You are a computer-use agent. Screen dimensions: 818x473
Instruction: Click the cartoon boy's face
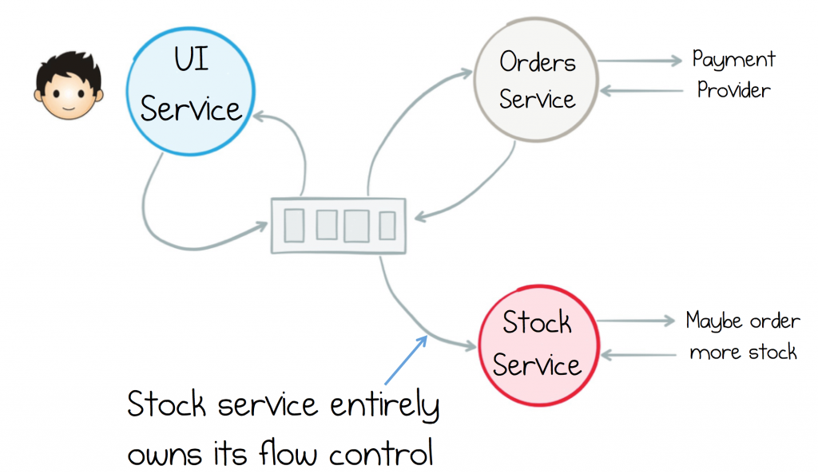point(69,95)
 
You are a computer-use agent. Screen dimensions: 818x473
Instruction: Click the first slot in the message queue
point(294,226)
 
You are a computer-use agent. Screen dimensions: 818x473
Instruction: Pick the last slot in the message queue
point(387,226)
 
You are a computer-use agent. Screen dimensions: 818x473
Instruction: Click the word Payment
point(733,60)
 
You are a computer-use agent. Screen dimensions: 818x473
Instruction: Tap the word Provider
point(733,90)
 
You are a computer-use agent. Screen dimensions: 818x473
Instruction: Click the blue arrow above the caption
point(406,360)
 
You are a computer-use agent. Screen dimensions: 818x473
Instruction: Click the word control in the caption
point(381,453)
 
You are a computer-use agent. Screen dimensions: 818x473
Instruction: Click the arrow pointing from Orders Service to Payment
point(640,61)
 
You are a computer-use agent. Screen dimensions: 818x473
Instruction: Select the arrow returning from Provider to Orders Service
point(641,91)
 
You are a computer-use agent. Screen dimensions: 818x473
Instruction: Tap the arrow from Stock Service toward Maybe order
point(635,321)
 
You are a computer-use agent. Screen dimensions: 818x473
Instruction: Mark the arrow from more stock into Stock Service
point(638,355)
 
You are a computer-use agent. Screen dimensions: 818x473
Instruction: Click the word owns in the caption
point(165,454)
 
